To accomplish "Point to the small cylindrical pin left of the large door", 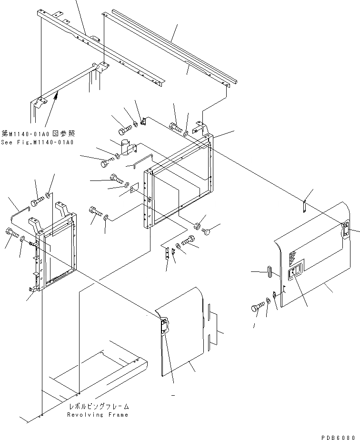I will point(269,272).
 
